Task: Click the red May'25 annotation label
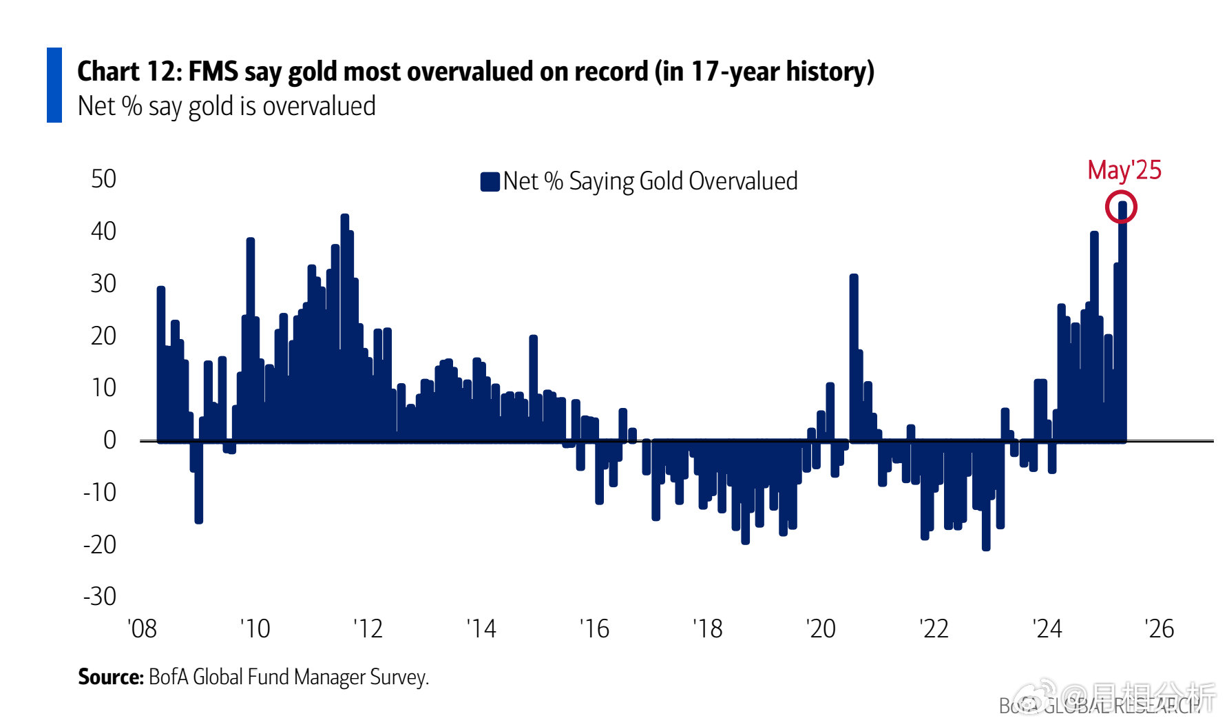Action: [x=1124, y=170]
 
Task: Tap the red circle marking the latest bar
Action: [x=1121, y=207]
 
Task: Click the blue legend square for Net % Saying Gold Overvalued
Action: [x=490, y=182]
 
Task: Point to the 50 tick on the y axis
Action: [x=103, y=179]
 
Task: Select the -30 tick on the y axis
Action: [x=100, y=596]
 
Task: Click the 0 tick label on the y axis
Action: [x=109, y=440]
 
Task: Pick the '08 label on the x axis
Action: [x=142, y=628]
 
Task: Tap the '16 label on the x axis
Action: [x=594, y=628]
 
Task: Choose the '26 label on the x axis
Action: [x=1159, y=628]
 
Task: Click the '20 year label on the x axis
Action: [x=820, y=628]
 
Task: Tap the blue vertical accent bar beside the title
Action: [x=54, y=85]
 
